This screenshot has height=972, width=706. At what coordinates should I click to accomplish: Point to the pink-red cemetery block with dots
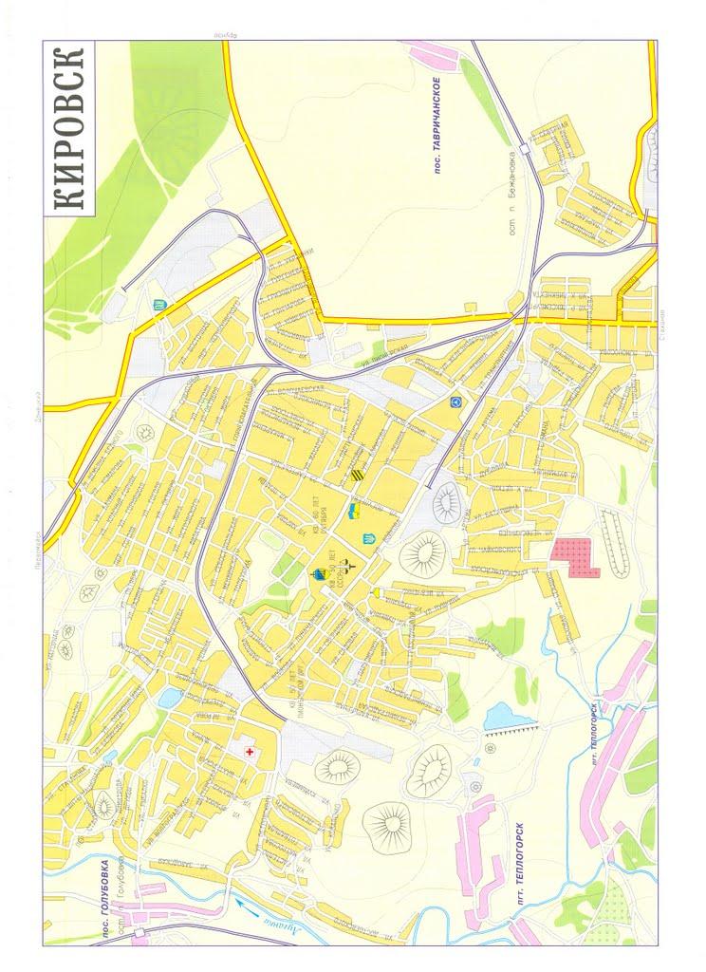(576, 558)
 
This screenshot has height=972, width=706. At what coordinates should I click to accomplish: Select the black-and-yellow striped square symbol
(358, 476)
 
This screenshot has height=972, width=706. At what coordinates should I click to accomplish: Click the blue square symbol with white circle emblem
(455, 402)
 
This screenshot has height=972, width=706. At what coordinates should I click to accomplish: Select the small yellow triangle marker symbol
(377, 593)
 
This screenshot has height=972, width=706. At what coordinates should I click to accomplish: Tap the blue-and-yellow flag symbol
(352, 513)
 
